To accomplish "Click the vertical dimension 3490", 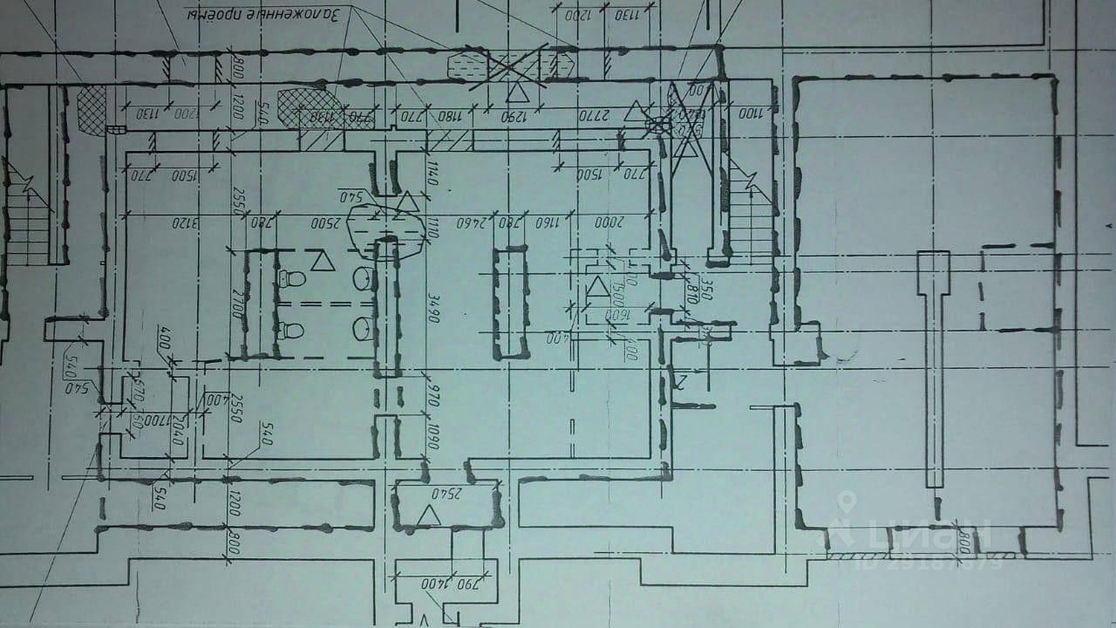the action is (433, 307).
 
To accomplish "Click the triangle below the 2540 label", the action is (427, 515).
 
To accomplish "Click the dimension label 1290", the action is (520, 115).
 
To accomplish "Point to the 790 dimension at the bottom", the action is (466, 583).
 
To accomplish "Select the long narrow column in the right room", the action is (934, 366).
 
